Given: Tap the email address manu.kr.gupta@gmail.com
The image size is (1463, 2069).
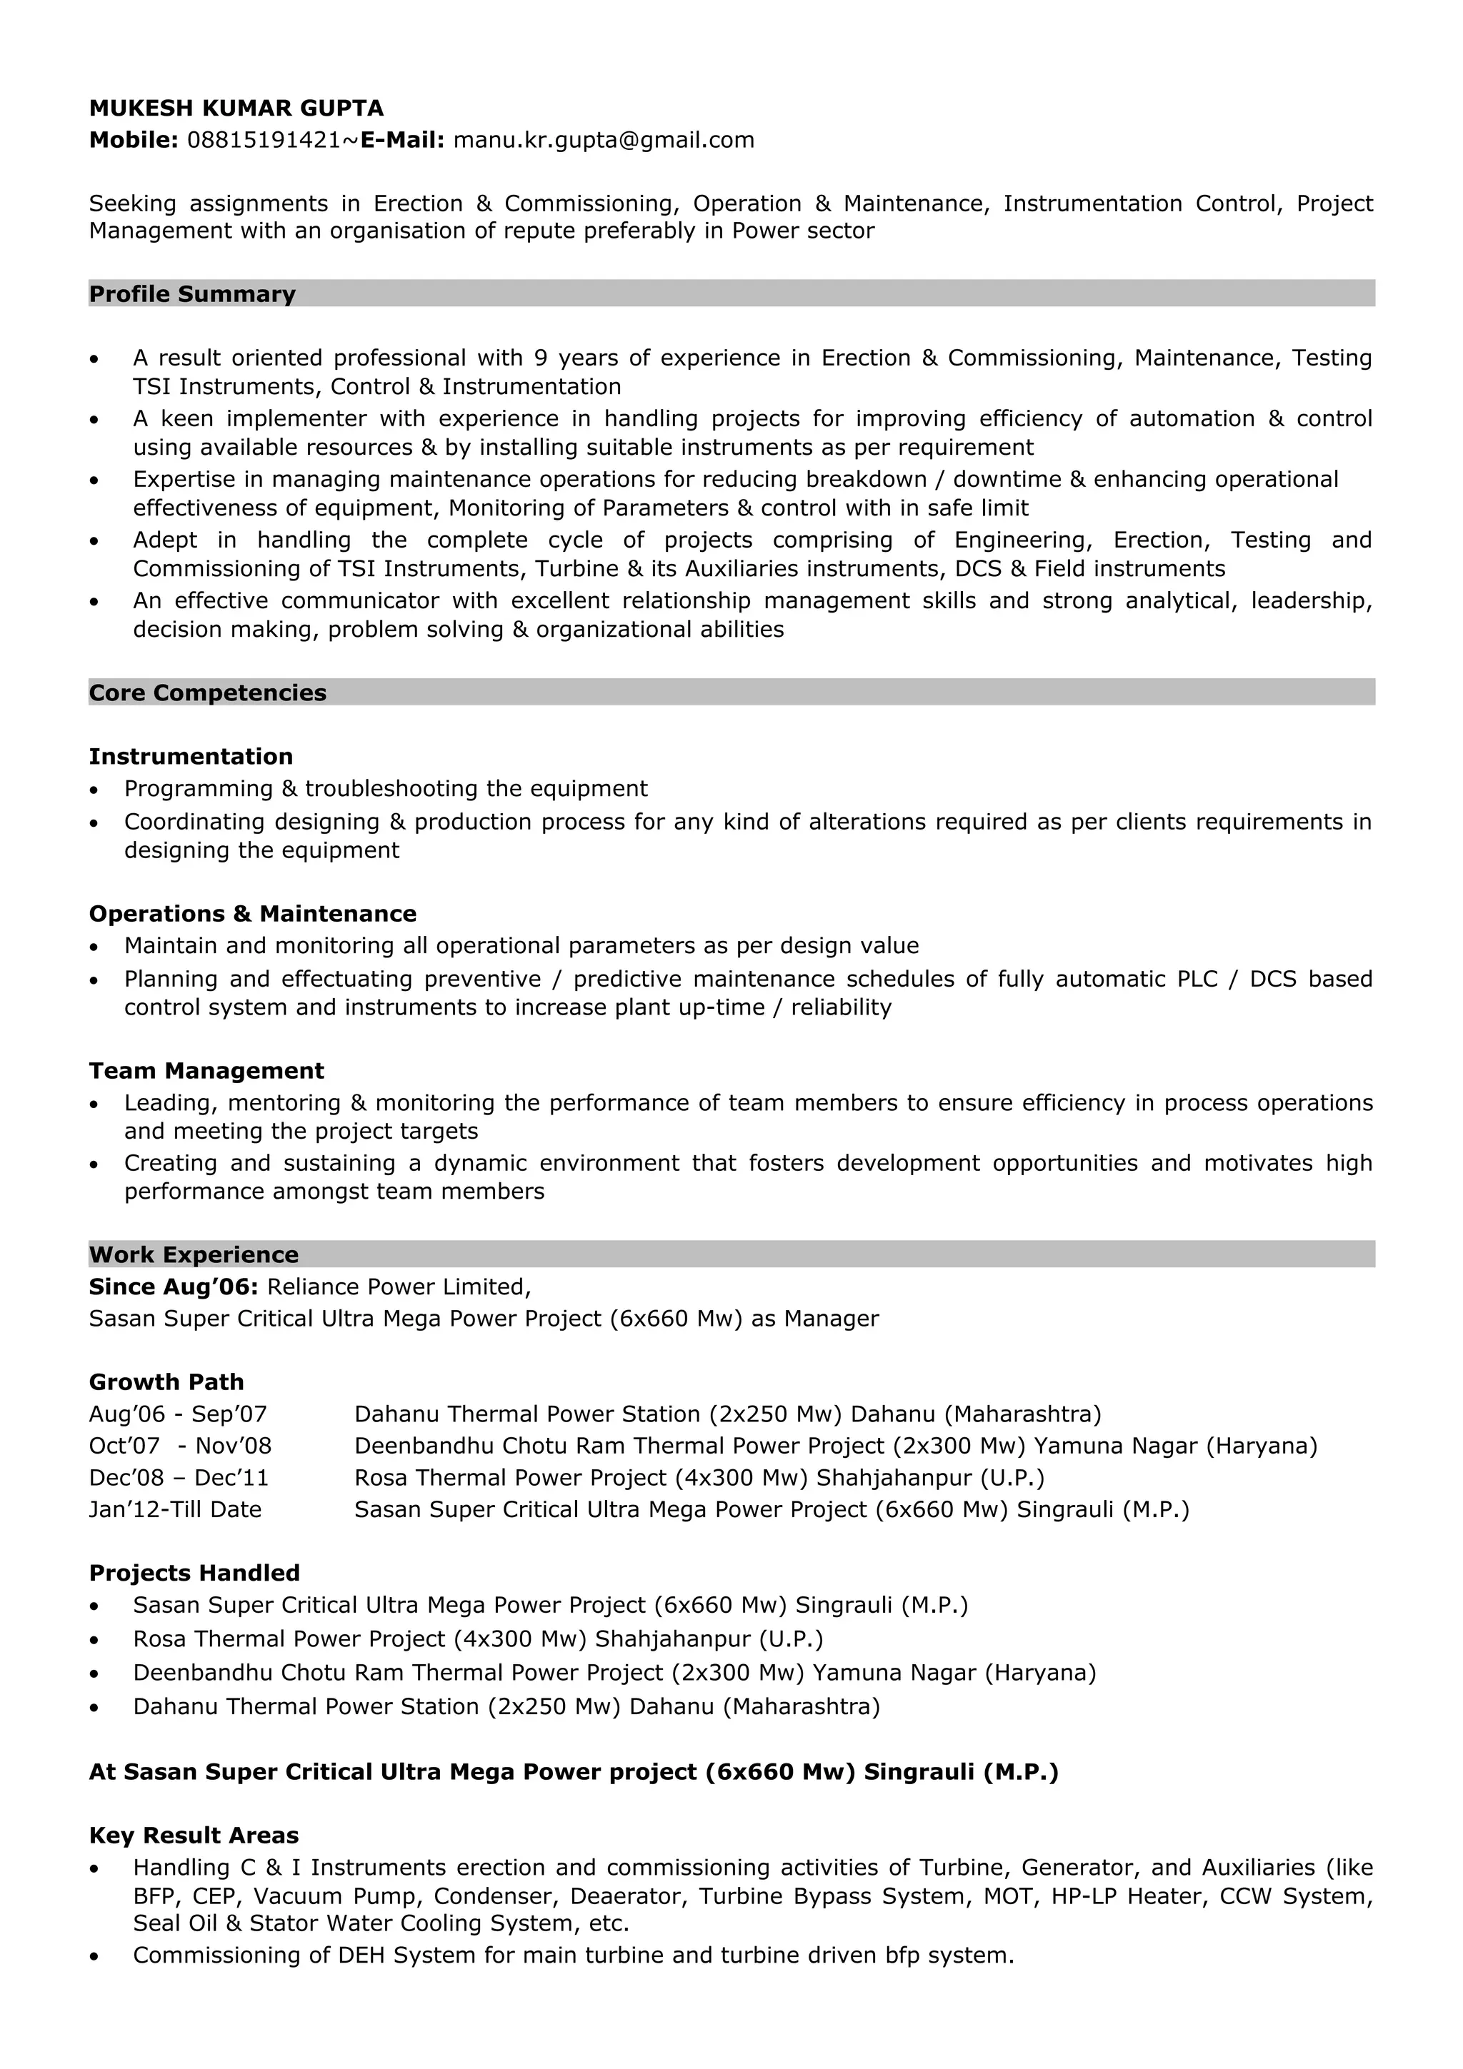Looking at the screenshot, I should [603, 140].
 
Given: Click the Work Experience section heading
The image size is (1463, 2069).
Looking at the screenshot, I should [194, 1254].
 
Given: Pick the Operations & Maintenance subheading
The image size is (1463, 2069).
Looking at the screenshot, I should [252, 914].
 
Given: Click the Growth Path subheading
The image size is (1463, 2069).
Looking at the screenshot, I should [166, 1381].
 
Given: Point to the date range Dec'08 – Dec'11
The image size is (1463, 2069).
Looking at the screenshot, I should [179, 1478].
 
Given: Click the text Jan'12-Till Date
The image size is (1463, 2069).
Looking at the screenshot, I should [175, 1509].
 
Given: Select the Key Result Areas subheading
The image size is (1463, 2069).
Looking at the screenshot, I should [194, 1836].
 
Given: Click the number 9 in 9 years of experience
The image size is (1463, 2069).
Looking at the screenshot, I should [541, 358].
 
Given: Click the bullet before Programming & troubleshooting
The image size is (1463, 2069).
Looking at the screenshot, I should [94, 790].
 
